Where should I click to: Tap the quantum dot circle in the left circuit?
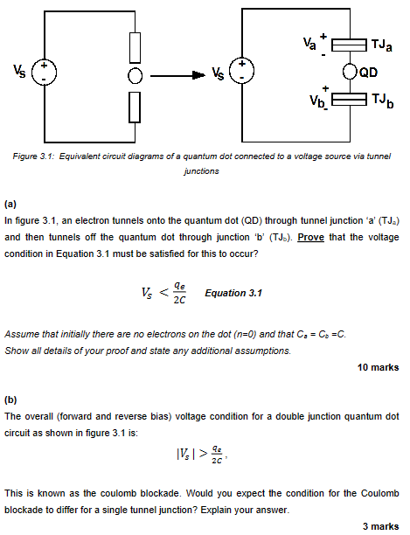coord(134,75)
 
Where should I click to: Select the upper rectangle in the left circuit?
coord(134,45)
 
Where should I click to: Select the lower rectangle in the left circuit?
coord(134,106)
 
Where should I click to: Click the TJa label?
coord(381,44)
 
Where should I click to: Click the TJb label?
coord(382,104)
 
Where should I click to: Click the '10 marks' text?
coord(379,367)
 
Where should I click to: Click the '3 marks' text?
coord(381,525)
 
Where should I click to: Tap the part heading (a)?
coord(10,202)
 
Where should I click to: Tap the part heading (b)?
coord(10,399)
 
